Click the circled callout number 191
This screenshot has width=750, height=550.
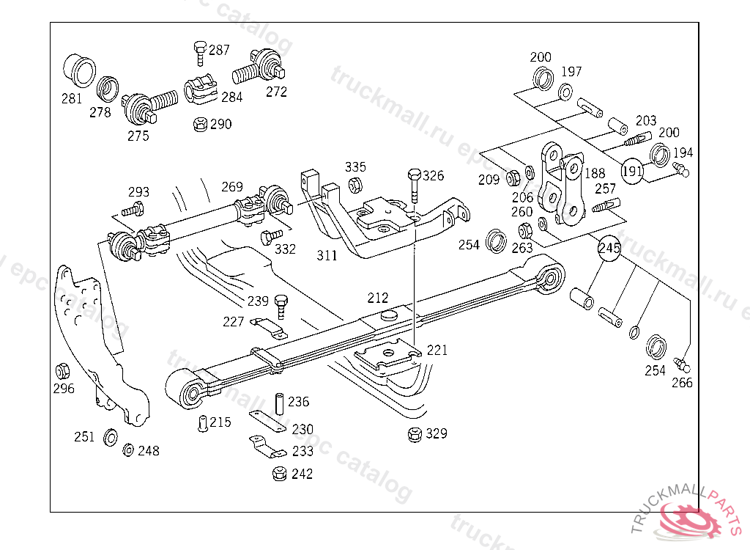tap(632, 171)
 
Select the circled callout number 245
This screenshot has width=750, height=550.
tap(609, 249)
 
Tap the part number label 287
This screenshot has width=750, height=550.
tap(219, 51)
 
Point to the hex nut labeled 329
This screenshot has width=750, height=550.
tap(415, 434)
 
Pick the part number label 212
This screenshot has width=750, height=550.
tap(378, 298)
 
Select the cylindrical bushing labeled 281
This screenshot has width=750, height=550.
tap(78, 70)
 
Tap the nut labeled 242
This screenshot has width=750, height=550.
tap(279, 474)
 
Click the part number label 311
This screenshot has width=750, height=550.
tap(327, 256)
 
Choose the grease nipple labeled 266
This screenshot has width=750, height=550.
tap(684, 364)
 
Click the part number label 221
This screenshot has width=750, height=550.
tap(437, 351)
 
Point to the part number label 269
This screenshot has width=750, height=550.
tap(232, 186)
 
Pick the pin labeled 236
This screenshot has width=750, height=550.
tap(279, 403)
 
